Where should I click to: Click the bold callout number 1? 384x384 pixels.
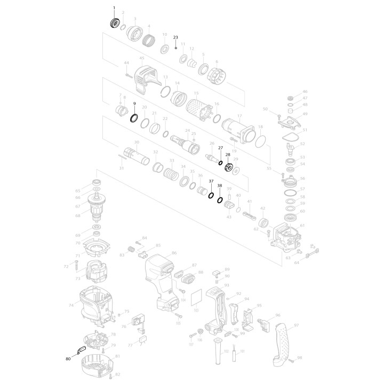coord(113,8)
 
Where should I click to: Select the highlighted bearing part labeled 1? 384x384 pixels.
coord(114,23)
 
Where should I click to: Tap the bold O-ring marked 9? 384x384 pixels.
coord(134,117)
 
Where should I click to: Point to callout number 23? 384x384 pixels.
coord(175,37)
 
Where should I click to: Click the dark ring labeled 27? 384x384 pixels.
coord(220,163)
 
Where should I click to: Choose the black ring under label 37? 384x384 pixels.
coord(211,196)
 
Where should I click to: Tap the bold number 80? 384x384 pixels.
coord(68,359)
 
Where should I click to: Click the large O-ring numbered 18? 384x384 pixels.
coord(260,141)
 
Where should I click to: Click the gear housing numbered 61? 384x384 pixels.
coord(287,235)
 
